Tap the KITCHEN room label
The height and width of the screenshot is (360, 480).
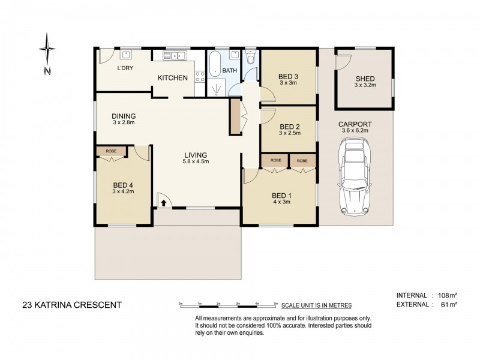(173, 78)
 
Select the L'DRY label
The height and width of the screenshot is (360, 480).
(125, 68)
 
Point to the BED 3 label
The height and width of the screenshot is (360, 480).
(288, 76)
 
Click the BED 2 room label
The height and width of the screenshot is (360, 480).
(289, 127)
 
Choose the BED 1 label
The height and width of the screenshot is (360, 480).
(281, 196)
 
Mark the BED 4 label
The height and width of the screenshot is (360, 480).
(123, 185)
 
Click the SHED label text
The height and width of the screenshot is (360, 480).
(365, 79)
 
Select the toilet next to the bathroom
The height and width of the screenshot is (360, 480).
(250, 58)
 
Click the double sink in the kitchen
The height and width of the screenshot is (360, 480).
(178, 56)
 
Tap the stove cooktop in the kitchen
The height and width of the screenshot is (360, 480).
(200, 76)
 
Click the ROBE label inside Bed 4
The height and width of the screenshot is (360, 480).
(111, 151)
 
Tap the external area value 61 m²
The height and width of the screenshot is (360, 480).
(448, 305)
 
